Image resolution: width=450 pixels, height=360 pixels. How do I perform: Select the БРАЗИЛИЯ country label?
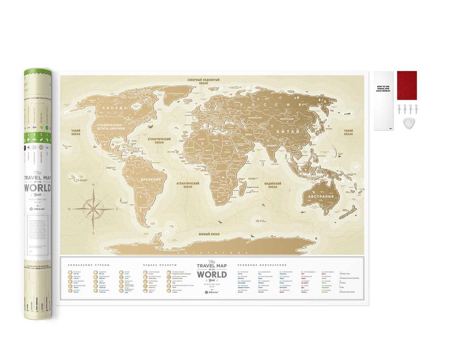click(150, 180)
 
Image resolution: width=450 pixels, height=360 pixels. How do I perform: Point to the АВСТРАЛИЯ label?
click(320, 197)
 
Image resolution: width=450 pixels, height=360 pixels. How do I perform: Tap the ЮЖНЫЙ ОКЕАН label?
click(209, 234)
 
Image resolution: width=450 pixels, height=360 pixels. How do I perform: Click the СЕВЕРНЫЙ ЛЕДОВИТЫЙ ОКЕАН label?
click(204, 82)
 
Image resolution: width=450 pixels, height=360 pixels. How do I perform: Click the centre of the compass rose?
click(94, 209)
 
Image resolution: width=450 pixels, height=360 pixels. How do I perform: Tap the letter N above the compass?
click(94, 185)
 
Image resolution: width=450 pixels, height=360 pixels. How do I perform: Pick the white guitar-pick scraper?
click(407, 123)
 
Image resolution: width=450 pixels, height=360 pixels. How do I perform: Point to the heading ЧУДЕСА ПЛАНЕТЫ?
click(160, 265)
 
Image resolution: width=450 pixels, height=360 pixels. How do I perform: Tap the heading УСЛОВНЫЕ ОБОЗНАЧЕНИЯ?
click(262, 265)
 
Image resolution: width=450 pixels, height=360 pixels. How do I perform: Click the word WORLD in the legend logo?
click(212, 274)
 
